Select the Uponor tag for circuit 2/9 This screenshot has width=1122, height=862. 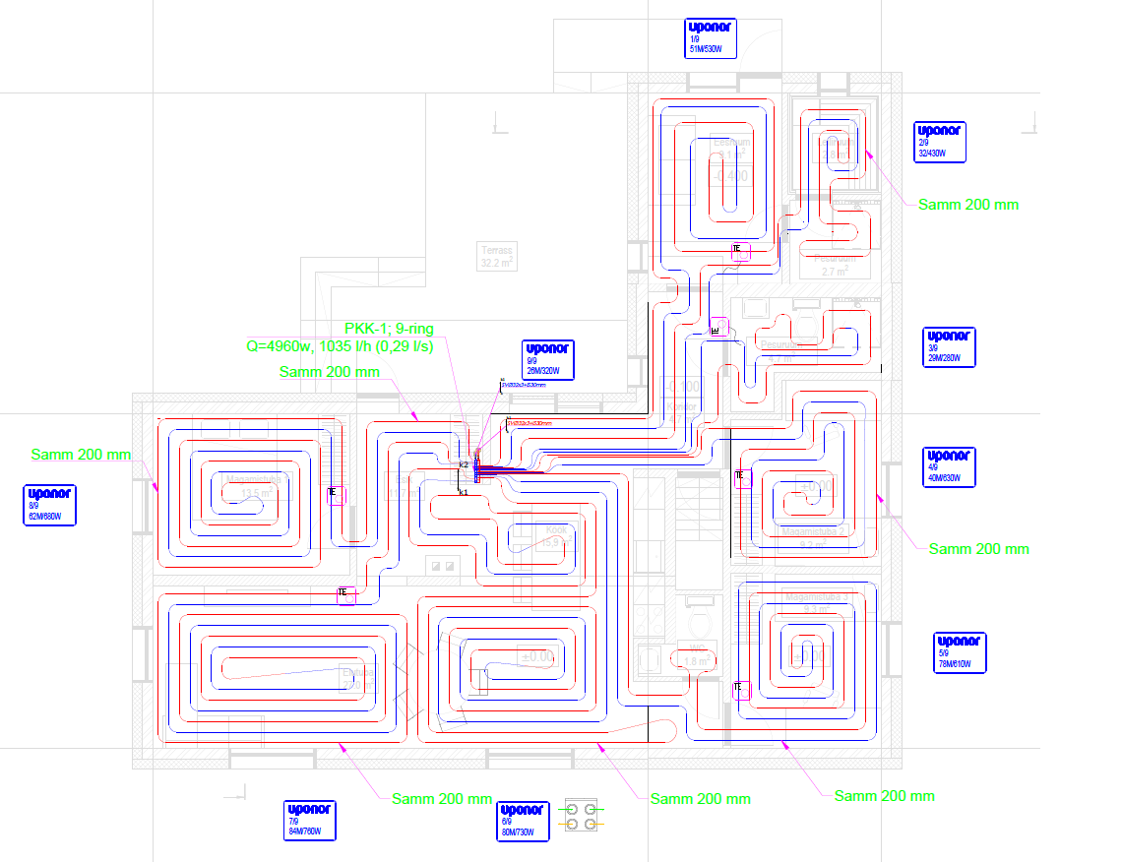[x=940, y=142]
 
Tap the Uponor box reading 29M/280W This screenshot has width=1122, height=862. [x=950, y=347]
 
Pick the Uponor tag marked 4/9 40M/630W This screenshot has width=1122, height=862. [x=949, y=466]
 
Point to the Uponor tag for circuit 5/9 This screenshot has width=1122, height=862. [x=960, y=652]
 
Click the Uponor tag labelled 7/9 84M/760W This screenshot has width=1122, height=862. [x=310, y=820]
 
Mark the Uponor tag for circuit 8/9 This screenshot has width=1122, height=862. [x=50, y=505]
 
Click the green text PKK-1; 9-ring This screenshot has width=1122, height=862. [x=389, y=329]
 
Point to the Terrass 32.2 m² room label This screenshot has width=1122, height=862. [x=497, y=257]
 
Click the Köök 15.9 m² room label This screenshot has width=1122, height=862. [x=557, y=535]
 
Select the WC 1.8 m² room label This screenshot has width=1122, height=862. [x=698, y=654]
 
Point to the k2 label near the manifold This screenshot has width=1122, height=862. [x=464, y=463]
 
